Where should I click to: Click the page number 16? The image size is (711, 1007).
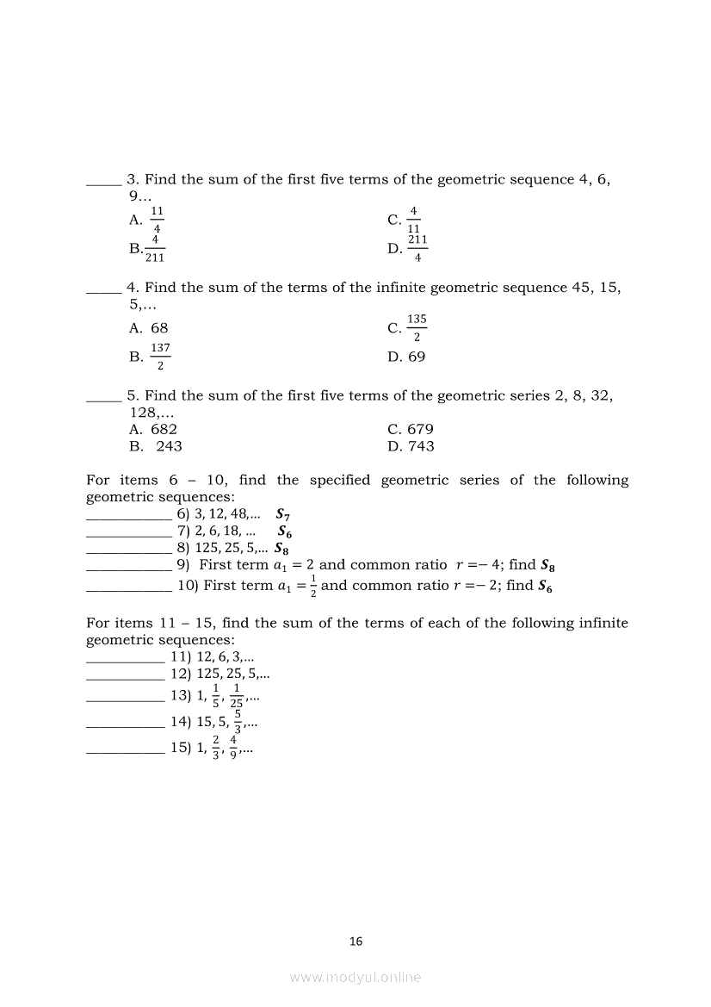click(356, 942)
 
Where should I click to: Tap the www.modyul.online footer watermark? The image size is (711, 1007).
click(355, 977)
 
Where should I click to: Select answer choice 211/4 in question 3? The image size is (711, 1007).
click(417, 248)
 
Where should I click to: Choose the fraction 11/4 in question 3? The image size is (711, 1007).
click(158, 220)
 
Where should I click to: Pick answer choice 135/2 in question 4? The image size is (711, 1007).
click(417, 327)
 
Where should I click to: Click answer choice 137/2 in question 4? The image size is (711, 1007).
click(160, 357)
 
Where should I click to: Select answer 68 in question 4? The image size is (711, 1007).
click(159, 328)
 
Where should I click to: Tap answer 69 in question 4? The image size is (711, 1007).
click(417, 357)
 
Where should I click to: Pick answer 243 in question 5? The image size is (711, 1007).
click(169, 446)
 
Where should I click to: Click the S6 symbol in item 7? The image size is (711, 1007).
click(284, 532)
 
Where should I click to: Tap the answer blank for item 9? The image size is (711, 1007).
click(129, 569)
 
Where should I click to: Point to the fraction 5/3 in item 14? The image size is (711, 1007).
click(237, 722)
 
